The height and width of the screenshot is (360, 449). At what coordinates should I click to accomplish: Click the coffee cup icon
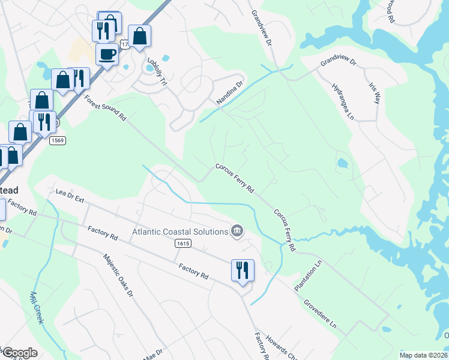(107, 54)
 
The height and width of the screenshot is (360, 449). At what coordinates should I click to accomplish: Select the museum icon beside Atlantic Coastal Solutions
(237, 231)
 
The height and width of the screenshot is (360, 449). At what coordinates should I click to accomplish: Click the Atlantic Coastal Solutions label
(179, 231)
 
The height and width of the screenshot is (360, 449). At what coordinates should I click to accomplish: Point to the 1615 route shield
(184, 243)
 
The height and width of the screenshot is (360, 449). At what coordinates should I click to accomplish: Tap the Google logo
(19, 353)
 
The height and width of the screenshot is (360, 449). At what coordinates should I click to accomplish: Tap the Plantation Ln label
(309, 276)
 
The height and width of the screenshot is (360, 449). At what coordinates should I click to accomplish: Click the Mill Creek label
(37, 308)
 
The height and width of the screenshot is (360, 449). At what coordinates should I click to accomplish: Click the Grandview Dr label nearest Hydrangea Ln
(338, 62)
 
